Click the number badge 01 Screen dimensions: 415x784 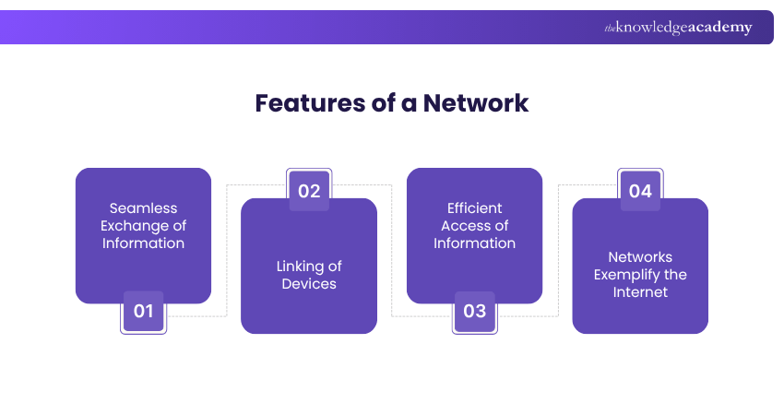point(143,312)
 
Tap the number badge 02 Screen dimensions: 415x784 point(309,191)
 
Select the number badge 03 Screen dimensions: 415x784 point(474,312)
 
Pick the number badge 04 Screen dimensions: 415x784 point(640,191)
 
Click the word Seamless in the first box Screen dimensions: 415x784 point(143,208)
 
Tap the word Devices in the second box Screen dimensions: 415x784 point(309,284)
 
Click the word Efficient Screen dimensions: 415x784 point(475,208)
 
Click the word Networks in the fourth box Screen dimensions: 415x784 point(640,257)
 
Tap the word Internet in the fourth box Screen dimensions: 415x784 point(640,292)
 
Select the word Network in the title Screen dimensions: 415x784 point(476,102)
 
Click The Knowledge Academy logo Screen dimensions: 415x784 point(678,28)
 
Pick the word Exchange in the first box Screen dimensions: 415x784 point(135,226)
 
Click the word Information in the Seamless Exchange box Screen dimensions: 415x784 point(143,243)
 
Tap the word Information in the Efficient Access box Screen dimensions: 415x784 point(475,243)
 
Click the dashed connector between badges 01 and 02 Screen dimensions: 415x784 point(227,249)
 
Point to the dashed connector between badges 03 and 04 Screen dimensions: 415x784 point(559,249)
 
